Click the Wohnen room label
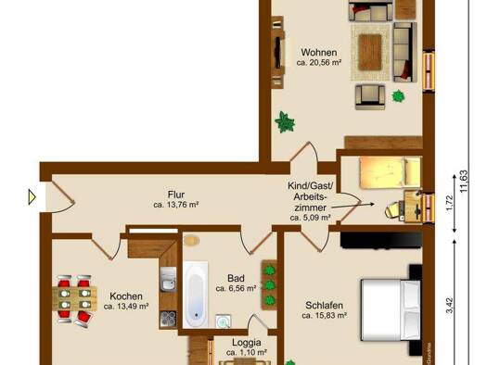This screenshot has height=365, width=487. pyautogui.click(x=319, y=52)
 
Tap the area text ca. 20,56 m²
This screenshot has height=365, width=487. pyautogui.click(x=319, y=63)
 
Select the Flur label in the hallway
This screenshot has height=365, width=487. pyautogui.click(x=176, y=195)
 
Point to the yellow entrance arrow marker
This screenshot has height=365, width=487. pyautogui.click(x=32, y=197)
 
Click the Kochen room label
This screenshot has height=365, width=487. pyautogui.click(x=126, y=296)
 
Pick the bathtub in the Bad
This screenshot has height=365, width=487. pyautogui.click(x=196, y=295)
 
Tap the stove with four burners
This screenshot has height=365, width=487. pyautogui.click(x=168, y=319)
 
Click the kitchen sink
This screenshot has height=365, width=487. pyautogui.click(x=168, y=279)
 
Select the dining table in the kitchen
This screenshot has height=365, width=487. pyautogui.click(x=74, y=298)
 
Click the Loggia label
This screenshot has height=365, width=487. pyautogui.click(x=247, y=343)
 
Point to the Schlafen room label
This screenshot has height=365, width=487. pyautogui.click(x=325, y=305)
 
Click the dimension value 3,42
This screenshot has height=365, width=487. pyautogui.click(x=450, y=305)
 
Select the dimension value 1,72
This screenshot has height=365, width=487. pyautogui.click(x=450, y=203)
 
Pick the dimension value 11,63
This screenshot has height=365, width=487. pyautogui.click(x=464, y=181)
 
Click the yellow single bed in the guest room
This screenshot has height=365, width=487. pyautogui.click(x=391, y=172)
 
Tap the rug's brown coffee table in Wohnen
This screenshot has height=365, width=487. pyautogui.click(x=370, y=52)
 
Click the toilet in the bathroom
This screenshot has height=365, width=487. pyautogui.click(x=191, y=240)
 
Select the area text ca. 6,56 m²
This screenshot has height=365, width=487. pyautogui.click(x=236, y=288)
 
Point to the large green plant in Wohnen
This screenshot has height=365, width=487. pyautogui.click(x=285, y=122)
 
